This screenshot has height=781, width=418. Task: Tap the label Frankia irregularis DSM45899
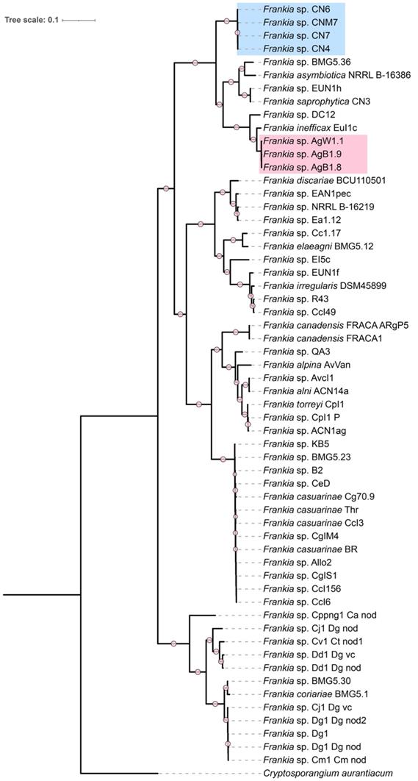click(314, 285)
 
